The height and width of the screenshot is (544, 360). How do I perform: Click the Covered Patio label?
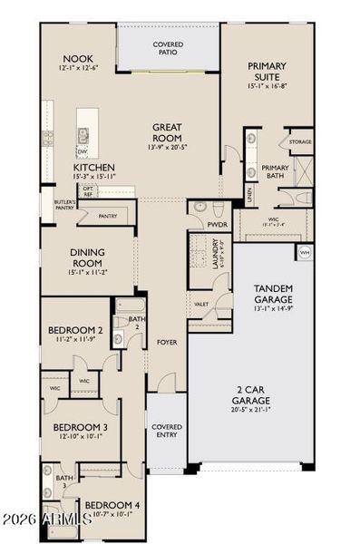click(x=168, y=47)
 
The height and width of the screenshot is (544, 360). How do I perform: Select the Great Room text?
click(x=169, y=132)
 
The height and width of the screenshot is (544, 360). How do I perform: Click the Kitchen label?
click(x=93, y=167)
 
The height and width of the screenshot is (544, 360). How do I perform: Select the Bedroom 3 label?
click(x=80, y=426)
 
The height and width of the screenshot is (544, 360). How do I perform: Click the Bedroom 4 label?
click(x=112, y=505)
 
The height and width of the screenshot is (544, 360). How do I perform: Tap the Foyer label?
click(x=167, y=343)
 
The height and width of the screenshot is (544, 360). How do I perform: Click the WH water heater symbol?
click(x=304, y=251)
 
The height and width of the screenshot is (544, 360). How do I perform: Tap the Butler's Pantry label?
click(x=63, y=205)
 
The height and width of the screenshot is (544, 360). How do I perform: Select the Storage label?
click(x=299, y=142)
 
